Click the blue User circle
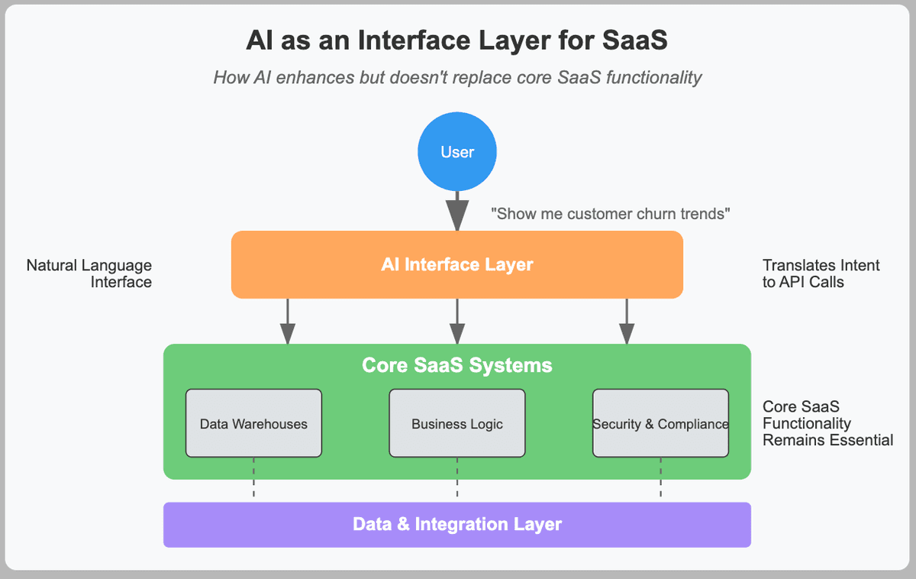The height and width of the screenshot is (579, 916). pyautogui.click(x=457, y=152)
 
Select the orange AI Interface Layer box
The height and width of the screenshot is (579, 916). pyautogui.click(x=456, y=265)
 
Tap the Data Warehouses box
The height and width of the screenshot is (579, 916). pyautogui.click(x=253, y=423)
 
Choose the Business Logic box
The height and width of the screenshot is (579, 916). pyautogui.click(x=457, y=423)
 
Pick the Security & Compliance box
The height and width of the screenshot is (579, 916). pyautogui.click(x=660, y=423)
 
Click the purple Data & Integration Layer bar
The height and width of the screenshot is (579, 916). pyautogui.click(x=456, y=525)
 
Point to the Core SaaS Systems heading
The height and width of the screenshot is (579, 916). pyautogui.click(x=456, y=365)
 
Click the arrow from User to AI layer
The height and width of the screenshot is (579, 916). pyautogui.click(x=457, y=210)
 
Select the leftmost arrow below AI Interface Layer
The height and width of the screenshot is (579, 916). pyautogui.click(x=288, y=321)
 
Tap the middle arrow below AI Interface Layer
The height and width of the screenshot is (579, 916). pyautogui.click(x=457, y=321)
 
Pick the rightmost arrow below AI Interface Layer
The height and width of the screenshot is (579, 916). pyautogui.click(x=627, y=321)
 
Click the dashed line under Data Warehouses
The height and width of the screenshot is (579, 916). pyautogui.click(x=253, y=478)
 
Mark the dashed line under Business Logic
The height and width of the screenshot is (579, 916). pyautogui.click(x=457, y=478)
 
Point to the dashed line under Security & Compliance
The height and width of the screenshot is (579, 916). pyautogui.click(x=660, y=478)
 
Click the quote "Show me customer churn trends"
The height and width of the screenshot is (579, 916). pyautogui.click(x=611, y=214)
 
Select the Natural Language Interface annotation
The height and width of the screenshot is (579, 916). pyautogui.click(x=89, y=273)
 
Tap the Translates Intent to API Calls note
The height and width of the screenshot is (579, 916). pyautogui.click(x=821, y=273)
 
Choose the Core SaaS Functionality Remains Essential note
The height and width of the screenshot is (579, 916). pyautogui.click(x=827, y=423)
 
